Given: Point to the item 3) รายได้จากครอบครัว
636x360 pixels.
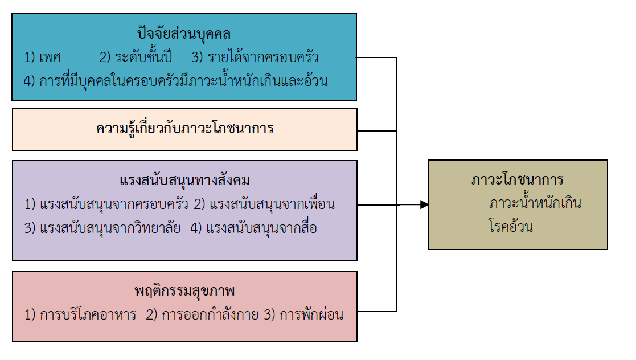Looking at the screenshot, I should tap(255, 58).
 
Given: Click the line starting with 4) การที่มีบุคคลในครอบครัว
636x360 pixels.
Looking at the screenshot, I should tap(176, 81).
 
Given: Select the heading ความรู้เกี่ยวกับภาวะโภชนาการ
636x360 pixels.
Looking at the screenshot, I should tap(185, 129).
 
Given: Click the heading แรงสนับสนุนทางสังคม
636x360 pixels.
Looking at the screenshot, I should tap(185, 181).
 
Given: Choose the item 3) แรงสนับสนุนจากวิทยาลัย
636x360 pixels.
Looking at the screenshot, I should tap(102, 228).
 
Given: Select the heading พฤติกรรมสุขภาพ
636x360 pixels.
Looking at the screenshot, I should tap(185, 292).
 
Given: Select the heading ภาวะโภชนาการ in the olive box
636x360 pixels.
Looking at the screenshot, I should tap(518, 180).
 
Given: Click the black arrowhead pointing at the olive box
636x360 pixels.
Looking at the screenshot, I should tap(424, 204).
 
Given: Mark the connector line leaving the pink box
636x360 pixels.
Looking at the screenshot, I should tap(377, 311).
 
